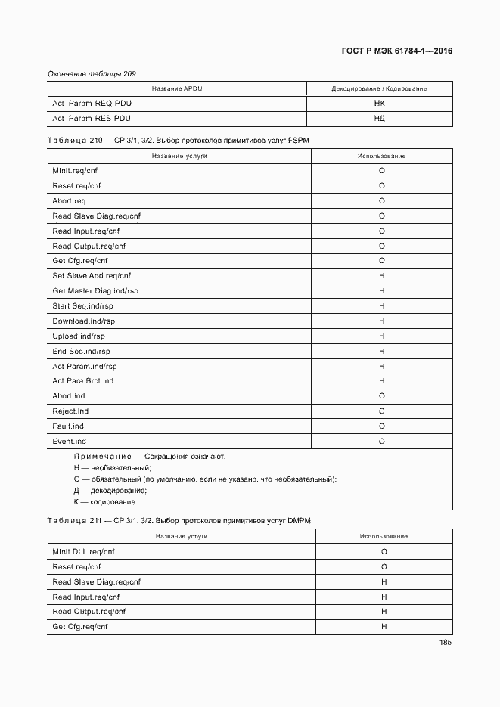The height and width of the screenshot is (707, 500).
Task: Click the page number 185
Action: click(x=445, y=643)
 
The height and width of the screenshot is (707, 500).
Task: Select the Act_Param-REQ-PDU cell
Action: click(x=92, y=104)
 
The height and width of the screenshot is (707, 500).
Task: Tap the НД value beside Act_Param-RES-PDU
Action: click(x=380, y=119)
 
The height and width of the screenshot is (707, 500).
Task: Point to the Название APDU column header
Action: click(x=177, y=88)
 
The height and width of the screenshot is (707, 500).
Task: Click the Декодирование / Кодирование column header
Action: click(x=379, y=88)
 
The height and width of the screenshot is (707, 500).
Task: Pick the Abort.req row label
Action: click(x=69, y=201)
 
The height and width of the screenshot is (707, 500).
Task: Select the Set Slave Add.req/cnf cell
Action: click(x=92, y=276)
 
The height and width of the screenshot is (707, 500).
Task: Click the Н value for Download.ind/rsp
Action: click(x=382, y=321)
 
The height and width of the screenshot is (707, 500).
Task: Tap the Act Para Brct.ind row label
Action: click(x=83, y=381)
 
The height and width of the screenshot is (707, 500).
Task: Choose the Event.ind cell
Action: click(x=70, y=441)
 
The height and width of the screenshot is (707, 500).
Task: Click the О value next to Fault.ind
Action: click(x=382, y=426)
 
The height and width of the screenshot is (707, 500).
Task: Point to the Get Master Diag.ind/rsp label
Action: click(x=95, y=291)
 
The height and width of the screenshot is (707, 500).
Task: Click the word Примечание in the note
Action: click(x=101, y=457)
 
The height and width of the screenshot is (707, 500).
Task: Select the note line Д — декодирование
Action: click(x=110, y=491)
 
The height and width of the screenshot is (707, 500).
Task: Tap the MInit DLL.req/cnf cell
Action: click(x=84, y=552)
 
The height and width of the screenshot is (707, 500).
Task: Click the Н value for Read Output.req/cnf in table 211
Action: click(x=384, y=612)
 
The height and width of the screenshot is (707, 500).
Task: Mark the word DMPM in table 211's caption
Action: click(x=298, y=521)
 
